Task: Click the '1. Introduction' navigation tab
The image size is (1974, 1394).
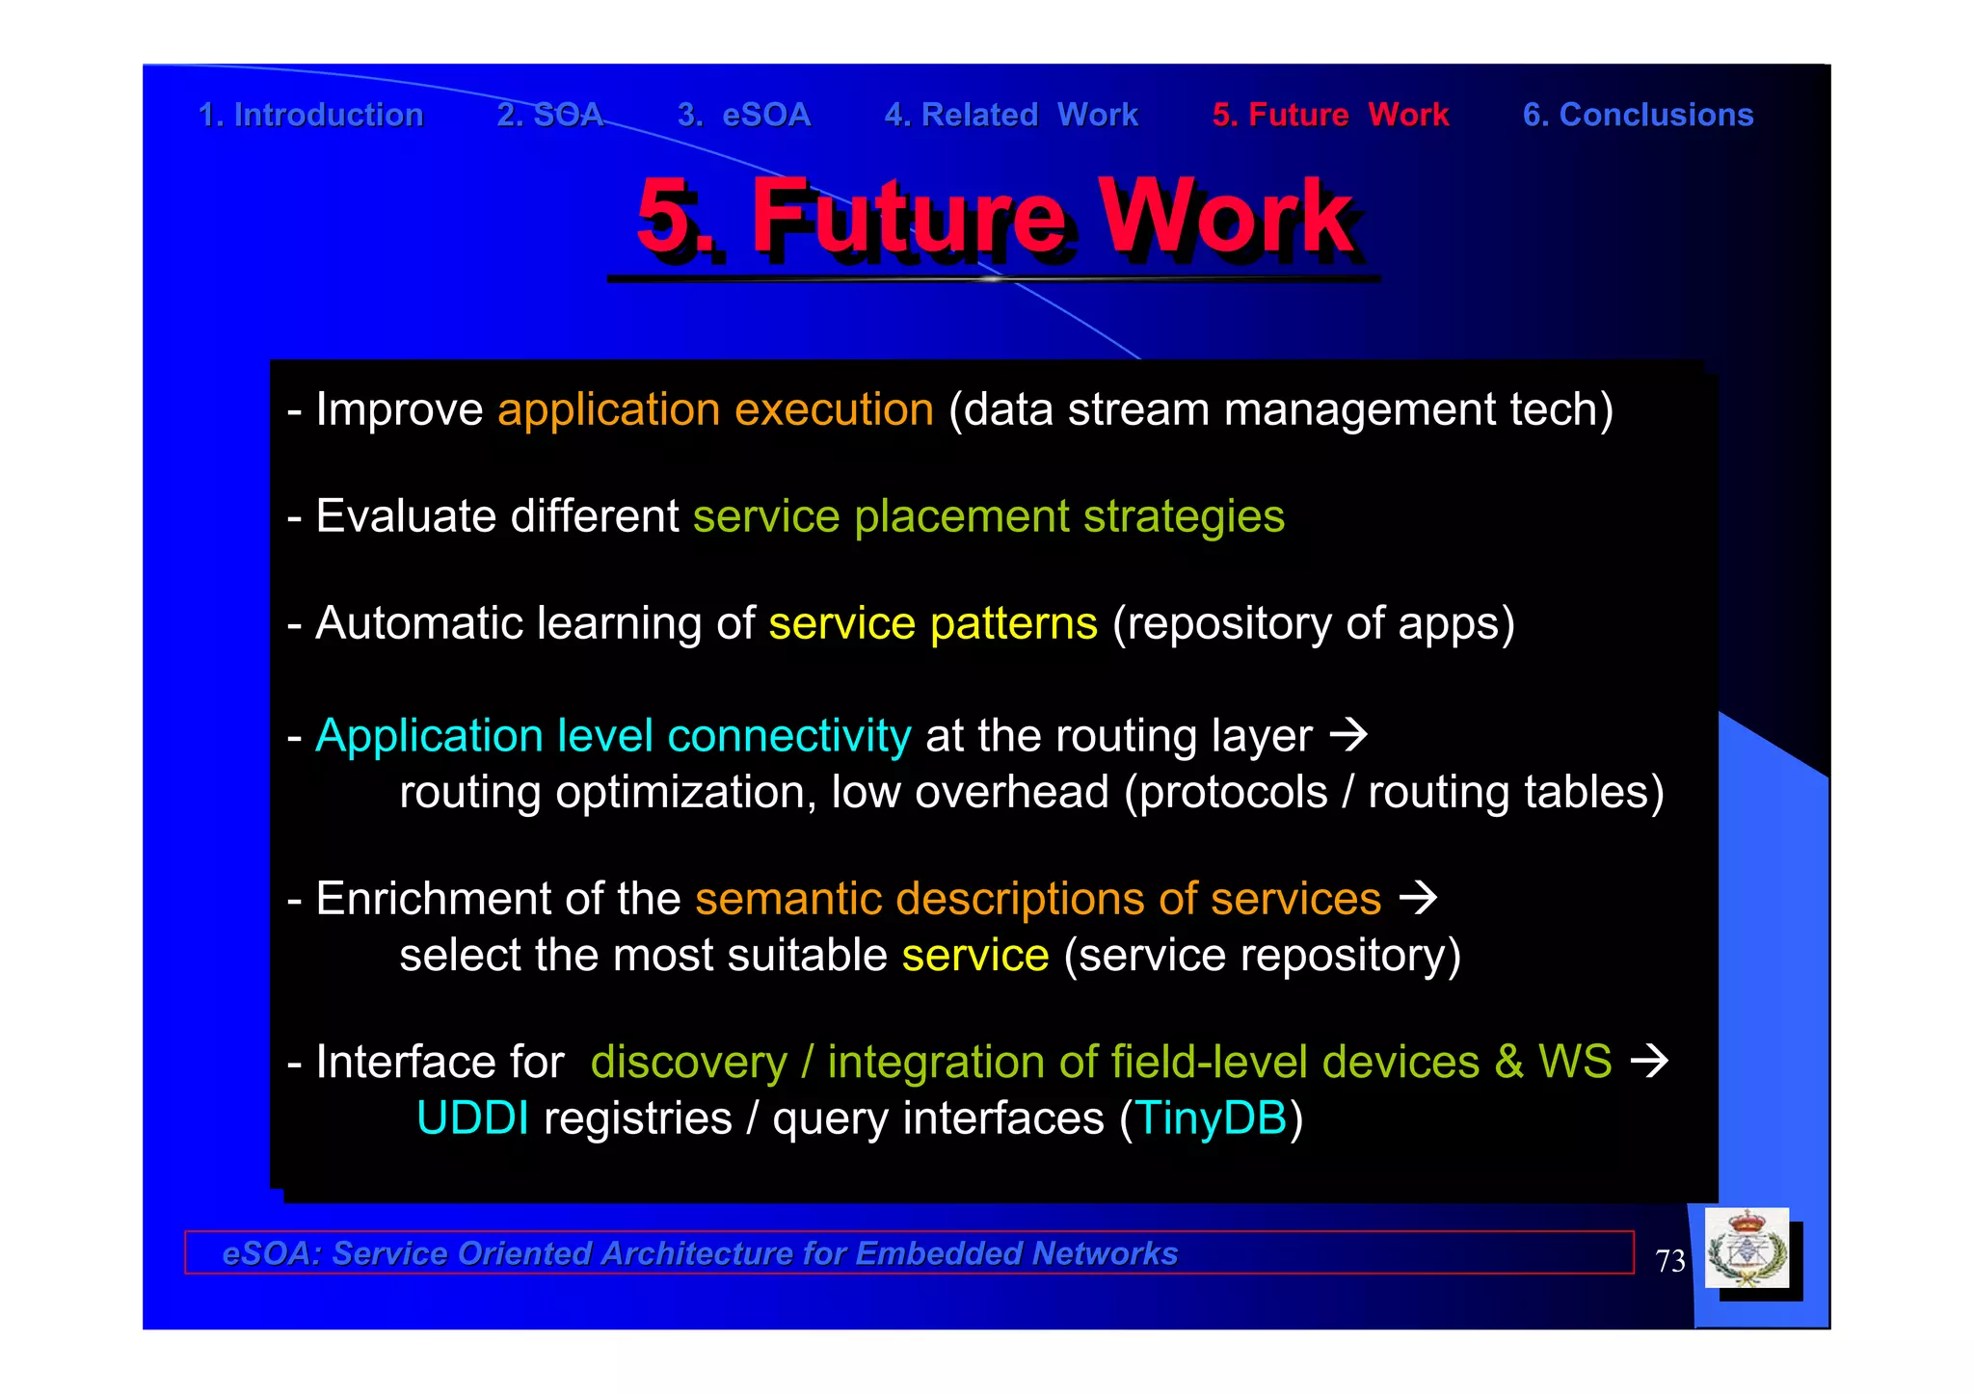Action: pyautogui.click(x=310, y=115)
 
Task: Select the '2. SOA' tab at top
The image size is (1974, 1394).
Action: pyautogui.click(x=549, y=115)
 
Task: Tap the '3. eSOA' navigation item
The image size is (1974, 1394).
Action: pyautogui.click(x=744, y=115)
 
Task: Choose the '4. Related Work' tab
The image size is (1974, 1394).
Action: pyautogui.click(x=1011, y=115)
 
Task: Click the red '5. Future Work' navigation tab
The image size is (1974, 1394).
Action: pyautogui.click(x=1330, y=115)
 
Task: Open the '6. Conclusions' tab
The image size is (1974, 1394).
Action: pyautogui.click(x=1638, y=115)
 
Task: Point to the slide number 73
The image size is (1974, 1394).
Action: pyautogui.click(x=1669, y=1261)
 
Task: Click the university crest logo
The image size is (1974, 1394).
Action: pyautogui.click(x=1747, y=1249)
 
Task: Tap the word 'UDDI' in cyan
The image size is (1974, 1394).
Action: pyautogui.click(x=472, y=1118)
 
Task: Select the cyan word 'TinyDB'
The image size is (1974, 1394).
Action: pyautogui.click(x=1212, y=1118)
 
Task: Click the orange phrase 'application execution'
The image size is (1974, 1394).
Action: pyautogui.click(x=715, y=409)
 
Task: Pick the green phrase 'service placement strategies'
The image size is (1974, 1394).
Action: pyautogui.click(x=988, y=516)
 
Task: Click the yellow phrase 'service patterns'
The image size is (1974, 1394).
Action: pyautogui.click(x=932, y=623)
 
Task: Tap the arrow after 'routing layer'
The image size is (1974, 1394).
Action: pyautogui.click(x=1348, y=736)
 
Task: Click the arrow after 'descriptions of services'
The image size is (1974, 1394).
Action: pyautogui.click(x=1418, y=899)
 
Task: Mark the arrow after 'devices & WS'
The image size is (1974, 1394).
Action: pyautogui.click(x=1648, y=1062)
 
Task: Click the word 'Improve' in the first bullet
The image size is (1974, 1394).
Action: pyautogui.click(x=399, y=409)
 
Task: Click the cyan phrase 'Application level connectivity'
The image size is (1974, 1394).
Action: pyautogui.click(x=612, y=736)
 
